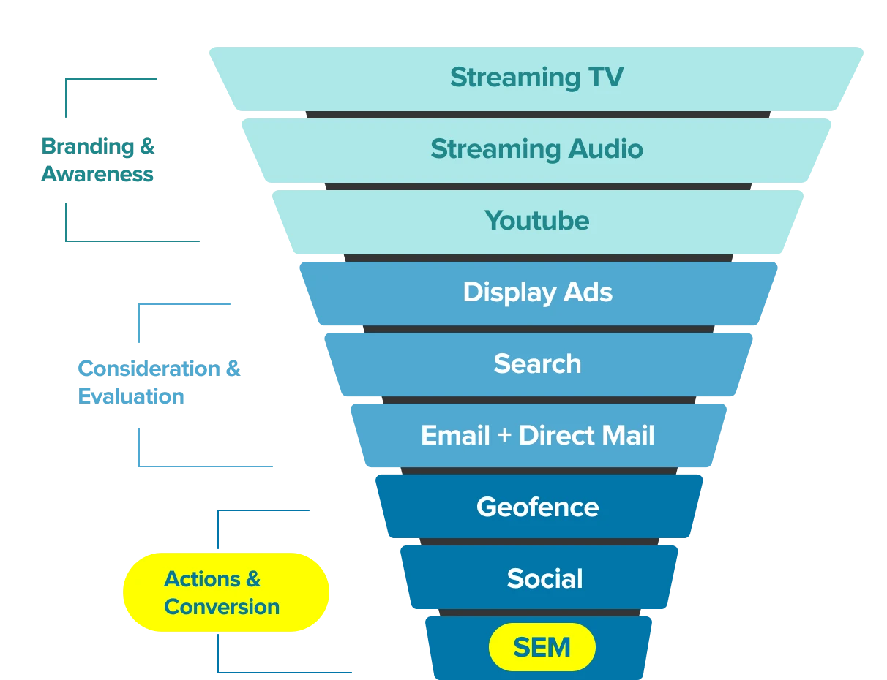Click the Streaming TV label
[536, 78]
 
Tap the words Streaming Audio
[536, 149]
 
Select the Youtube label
[536, 221]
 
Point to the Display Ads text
[537, 292]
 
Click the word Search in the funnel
[537, 364]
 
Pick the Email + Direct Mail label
[537, 436]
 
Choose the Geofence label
[537, 507]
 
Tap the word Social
[544, 579]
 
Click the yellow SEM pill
[542, 648]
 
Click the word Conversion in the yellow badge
[222, 607]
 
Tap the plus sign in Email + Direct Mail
[503, 437]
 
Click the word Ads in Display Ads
[587, 292]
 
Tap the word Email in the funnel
[454, 436]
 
